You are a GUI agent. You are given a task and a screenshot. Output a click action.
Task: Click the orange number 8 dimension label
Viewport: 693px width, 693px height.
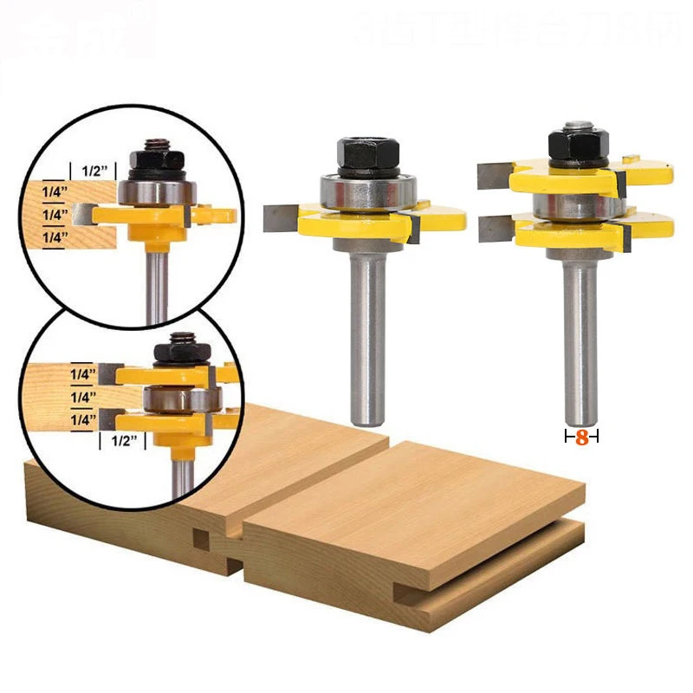[x=581, y=437]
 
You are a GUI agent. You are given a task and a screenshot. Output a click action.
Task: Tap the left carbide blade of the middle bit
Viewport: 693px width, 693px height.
[x=282, y=217]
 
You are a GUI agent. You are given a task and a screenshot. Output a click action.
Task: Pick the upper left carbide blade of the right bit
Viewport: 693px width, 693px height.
[x=493, y=175]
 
